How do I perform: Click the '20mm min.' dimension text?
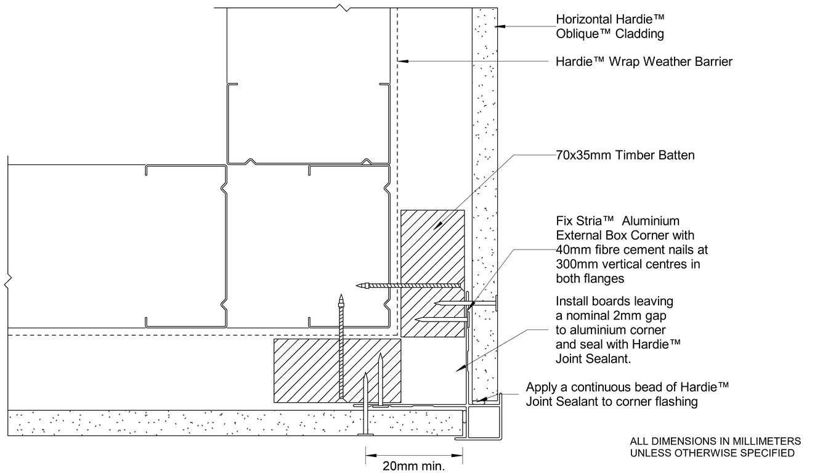[x=413, y=466]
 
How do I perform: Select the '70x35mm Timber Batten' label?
[x=625, y=155]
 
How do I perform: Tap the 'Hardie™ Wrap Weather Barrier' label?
[x=644, y=62]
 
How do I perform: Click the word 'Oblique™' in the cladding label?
[x=584, y=34]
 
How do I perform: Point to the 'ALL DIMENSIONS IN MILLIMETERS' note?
[x=715, y=441]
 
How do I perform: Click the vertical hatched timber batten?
[x=432, y=273]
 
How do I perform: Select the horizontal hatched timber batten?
[x=337, y=370]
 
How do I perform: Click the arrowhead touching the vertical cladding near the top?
[x=500, y=26]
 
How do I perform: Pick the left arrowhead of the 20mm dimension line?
[x=371, y=455]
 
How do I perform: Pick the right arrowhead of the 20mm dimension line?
[x=457, y=455]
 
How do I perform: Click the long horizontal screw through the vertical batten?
[x=408, y=285]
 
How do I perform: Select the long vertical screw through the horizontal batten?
[x=341, y=346]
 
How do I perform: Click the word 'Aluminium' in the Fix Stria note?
[x=651, y=221]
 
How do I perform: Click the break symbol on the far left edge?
[x=7, y=281]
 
